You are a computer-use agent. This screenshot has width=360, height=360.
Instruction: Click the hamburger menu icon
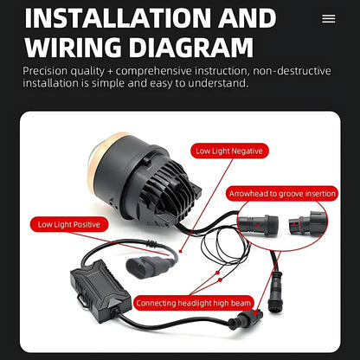[329, 19]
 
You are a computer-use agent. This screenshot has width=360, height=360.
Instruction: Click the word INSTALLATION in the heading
[119, 18]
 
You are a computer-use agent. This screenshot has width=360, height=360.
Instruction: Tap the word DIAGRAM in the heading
[191, 48]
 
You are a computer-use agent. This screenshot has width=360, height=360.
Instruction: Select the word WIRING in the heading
[73, 48]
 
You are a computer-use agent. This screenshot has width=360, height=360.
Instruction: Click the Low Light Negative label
[229, 151]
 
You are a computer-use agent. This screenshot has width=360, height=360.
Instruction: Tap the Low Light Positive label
[69, 224]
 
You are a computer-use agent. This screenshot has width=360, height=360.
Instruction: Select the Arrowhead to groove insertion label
[282, 194]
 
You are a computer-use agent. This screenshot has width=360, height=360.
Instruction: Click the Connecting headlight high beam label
[194, 303]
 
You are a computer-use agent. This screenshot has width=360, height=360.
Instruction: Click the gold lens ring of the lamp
[95, 162]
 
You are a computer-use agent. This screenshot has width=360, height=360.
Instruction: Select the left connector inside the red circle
[258, 224]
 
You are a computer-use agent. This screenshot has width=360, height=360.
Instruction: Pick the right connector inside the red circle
[307, 222]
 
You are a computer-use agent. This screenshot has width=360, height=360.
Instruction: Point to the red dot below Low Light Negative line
[181, 251]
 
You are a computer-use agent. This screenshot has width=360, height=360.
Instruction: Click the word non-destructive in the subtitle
[292, 71]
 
